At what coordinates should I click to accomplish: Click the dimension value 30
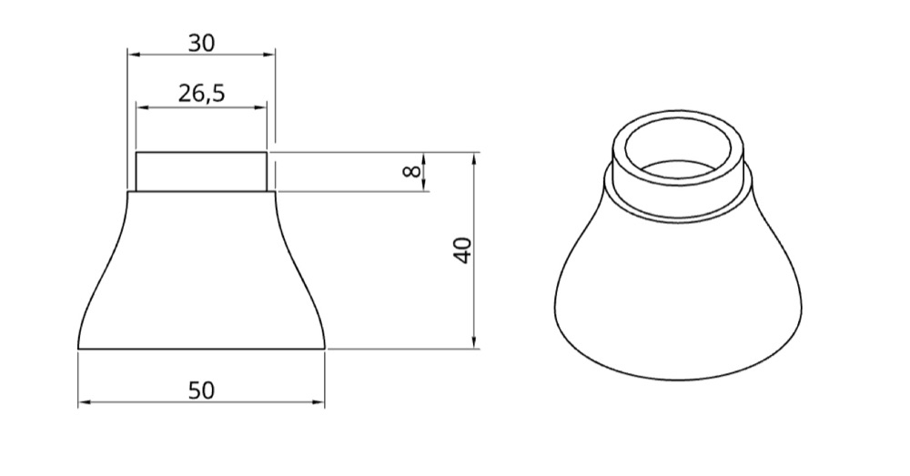coord(201,43)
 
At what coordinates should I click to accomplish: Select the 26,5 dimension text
coord(201,93)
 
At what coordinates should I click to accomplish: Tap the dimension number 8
coord(411,171)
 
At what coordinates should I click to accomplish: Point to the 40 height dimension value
coord(462,250)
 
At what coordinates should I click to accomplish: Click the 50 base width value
coord(201,390)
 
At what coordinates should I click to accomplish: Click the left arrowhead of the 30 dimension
coord(134,55)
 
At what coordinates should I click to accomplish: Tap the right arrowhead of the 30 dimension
coord(268,55)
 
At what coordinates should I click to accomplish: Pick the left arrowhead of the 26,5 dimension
coord(143,107)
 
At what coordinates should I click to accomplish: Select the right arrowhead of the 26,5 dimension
coord(260,107)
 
